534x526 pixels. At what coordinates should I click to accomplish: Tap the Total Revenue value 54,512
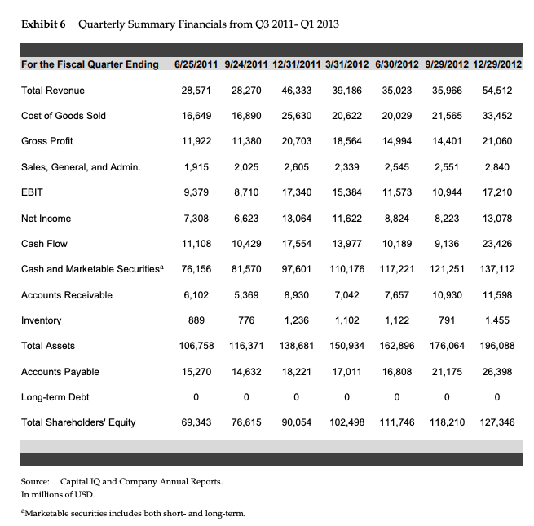tap(496, 90)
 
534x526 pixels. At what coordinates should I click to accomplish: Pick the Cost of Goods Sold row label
tap(64, 116)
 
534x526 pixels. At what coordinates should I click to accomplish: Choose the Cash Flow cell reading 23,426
tap(496, 244)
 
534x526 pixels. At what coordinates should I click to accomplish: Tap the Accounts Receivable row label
tap(67, 295)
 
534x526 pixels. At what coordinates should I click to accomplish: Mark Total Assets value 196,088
tap(495, 346)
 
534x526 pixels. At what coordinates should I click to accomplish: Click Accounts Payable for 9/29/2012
tap(446, 372)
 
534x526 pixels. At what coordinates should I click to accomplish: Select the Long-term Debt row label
tap(55, 397)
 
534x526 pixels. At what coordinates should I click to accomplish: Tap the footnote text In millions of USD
tap(60, 494)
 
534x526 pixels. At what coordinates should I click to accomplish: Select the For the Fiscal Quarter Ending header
tap(90, 64)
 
